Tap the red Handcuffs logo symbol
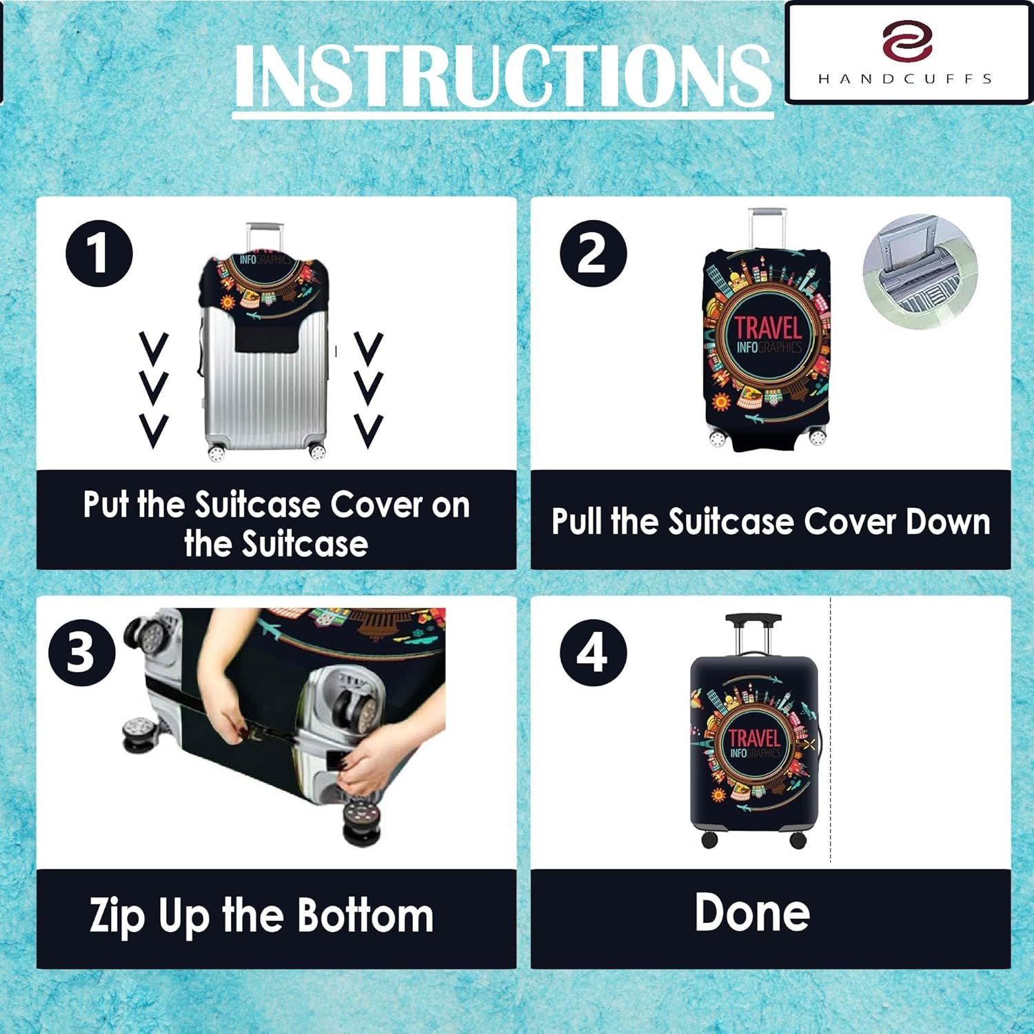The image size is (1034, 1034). (x=907, y=41)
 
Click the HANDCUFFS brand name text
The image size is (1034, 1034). (x=905, y=79)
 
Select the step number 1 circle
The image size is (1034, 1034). (x=99, y=253)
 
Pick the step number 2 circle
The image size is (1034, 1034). (x=593, y=253)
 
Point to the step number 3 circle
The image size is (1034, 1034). (x=81, y=652)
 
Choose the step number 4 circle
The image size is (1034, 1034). (x=593, y=652)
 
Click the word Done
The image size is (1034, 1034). (x=752, y=913)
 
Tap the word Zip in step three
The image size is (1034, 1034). (x=117, y=918)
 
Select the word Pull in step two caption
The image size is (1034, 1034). (x=576, y=521)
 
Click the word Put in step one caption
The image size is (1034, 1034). (x=106, y=505)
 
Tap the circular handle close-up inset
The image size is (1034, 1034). (x=920, y=271)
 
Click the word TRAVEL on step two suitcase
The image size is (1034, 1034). (x=768, y=328)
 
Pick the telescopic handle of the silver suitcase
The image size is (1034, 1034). (x=265, y=238)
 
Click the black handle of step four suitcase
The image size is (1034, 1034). (x=753, y=620)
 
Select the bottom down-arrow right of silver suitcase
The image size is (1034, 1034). (x=369, y=432)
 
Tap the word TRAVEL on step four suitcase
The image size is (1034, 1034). (x=754, y=738)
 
